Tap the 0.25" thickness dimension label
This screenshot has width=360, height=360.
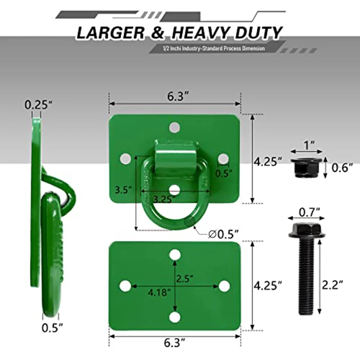pos(39,105)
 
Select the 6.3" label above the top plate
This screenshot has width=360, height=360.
pos(178,96)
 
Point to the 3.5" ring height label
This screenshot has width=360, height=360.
pos(123,190)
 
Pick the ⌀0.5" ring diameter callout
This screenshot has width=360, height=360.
pos(224,234)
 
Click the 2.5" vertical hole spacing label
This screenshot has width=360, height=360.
pos(184,279)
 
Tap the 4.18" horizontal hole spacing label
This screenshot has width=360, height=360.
pos(159,292)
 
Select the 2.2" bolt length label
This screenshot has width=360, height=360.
pos(333,285)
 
